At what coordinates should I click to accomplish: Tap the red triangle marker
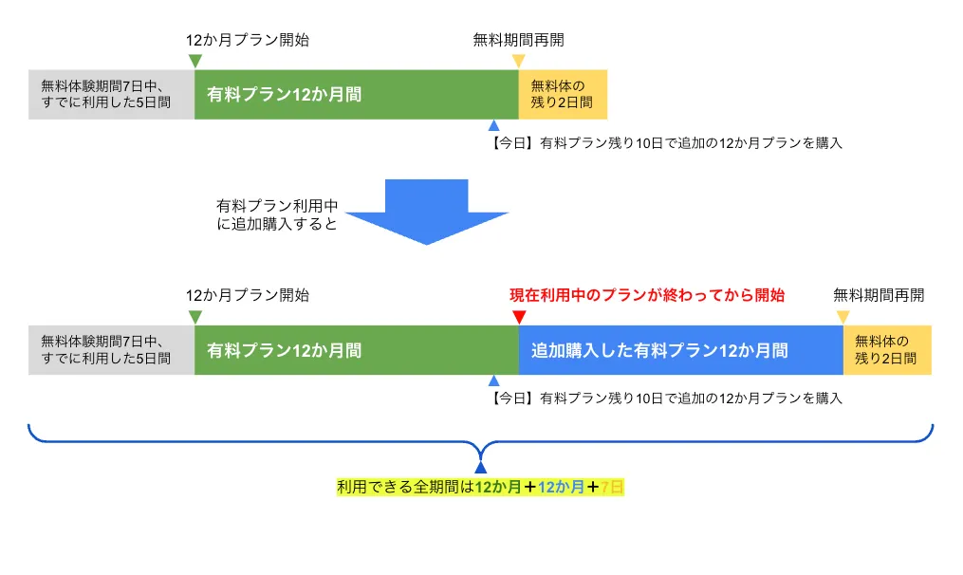pos(518,317)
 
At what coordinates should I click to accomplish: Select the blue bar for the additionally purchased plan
pos(680,350)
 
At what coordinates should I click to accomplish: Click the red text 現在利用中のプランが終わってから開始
pos(647,295)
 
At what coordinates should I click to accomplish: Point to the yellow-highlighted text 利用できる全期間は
pos(405,488)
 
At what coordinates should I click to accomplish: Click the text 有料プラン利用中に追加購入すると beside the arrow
pos(277,214)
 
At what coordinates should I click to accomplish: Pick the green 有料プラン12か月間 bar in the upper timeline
pos(356,94)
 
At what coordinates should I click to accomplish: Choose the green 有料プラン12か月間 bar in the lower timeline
pos(356,350)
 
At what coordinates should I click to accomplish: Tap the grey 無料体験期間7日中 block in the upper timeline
pos(111,94)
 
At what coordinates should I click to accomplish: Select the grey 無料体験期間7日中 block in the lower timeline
pos(111,350)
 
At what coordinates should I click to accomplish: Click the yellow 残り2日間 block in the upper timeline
pos(563,94)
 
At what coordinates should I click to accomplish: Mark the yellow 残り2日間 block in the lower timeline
pos(887,350)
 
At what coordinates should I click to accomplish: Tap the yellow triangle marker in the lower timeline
pos(843,317)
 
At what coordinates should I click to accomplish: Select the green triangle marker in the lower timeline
pos(194,317)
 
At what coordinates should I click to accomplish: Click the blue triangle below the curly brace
pos(481,467)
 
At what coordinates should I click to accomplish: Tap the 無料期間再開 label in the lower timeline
pos(879,295)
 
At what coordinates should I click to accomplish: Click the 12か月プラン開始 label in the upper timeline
pos(248,40)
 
